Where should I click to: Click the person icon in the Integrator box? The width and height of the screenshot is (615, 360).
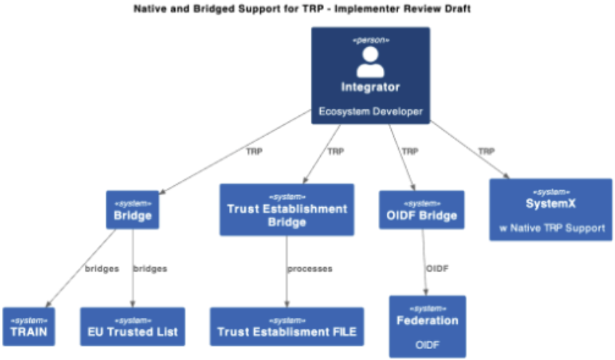tap(370, 62)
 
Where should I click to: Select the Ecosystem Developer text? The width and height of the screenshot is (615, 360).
tap(370, 112)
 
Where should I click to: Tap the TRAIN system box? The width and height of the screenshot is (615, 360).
tap(29, 327)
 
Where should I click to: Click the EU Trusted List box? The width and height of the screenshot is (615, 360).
tap(133, 327)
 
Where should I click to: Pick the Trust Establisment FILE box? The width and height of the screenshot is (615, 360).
tap(287, 327)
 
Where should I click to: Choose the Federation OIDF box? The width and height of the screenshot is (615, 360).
tap(427, 327)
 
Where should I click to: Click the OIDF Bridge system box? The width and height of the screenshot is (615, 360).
tap(422, 210)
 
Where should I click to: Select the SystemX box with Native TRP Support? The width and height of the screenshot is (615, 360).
tap(551, 210)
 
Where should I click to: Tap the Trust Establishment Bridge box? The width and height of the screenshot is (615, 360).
tap(287, 210)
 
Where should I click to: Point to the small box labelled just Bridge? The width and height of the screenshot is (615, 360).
tap(133, 210)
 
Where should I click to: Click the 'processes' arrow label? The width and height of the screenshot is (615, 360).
tap(310, 269)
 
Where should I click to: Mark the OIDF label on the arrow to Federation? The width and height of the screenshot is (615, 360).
tap(437, 268)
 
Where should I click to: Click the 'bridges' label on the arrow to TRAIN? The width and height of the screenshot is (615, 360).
tap(102, 269)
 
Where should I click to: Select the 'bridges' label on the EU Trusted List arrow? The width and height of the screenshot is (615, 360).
tap(150, 269)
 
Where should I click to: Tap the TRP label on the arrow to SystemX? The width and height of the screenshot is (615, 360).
tap(486, 152)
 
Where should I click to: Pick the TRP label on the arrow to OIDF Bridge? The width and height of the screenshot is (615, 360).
tap(410, 152)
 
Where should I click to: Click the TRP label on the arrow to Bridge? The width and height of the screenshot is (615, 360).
tap(254, 152)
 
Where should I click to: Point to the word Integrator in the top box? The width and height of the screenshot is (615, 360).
tap(370, 87)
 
